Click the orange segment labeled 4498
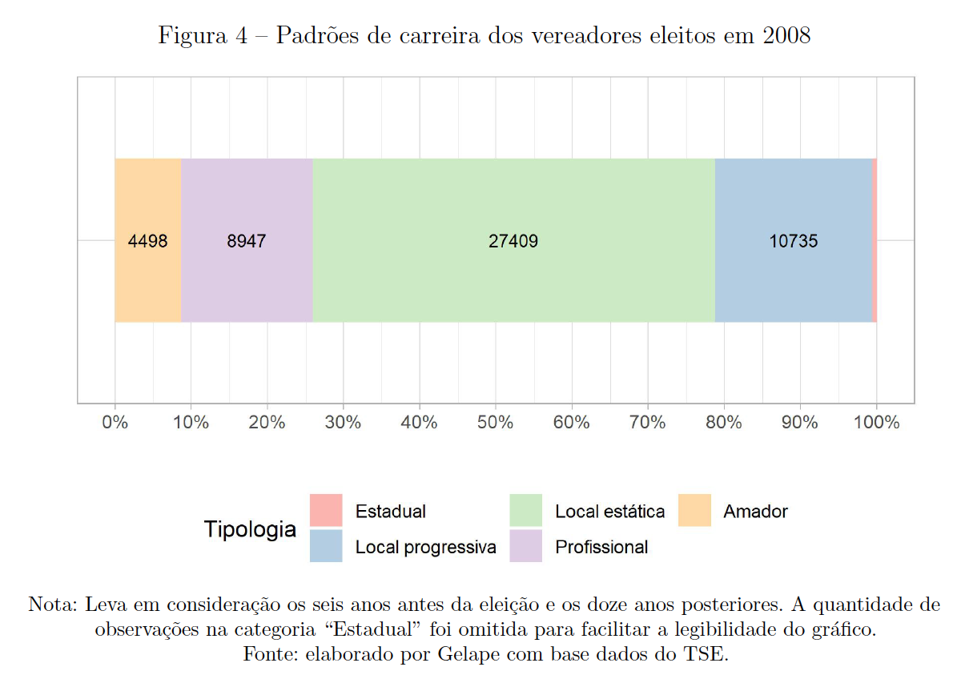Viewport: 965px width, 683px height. [147, 240]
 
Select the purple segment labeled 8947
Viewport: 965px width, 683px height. [247, 240]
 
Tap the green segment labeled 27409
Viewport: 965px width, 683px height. [513, 240]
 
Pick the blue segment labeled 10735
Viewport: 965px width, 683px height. [793, 240]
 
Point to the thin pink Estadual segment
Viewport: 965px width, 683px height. [875, 240]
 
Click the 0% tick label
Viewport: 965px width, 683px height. [115, 423]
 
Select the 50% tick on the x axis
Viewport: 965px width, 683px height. [496, 423]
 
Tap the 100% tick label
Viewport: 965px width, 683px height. [876, 423]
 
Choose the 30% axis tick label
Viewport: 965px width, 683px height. [344, 423]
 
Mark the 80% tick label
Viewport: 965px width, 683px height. [724, 423]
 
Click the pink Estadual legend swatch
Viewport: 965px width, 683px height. [326, 511]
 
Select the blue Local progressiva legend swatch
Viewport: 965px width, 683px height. [326, 546]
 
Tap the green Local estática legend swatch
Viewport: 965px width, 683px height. [525, 511]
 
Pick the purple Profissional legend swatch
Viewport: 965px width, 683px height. [525, 546]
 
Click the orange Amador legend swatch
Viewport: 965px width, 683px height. [694, 511]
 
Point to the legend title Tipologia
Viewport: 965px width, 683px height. [250, 529]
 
